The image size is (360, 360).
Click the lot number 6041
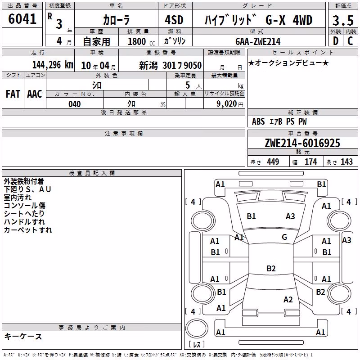click(22, 19)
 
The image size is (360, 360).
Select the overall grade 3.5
click(343, 20)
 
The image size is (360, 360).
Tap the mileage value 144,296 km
click(53, 65)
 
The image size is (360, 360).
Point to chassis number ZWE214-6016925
click(302, 143)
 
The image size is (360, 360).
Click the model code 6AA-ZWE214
click(258, 41)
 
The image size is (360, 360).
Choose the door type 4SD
click(174, 20)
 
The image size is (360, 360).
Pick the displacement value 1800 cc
click(141, 41)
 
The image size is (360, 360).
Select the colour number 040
click(75, 104)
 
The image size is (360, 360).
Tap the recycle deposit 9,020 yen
click(230, 104)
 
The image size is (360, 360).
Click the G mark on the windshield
click(284, 237)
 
